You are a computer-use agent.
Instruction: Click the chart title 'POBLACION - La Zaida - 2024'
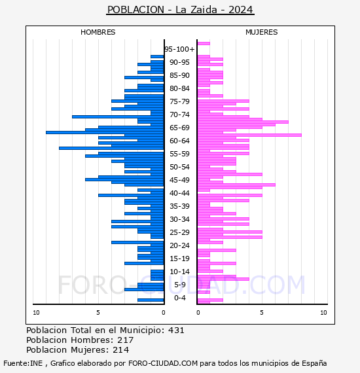[180, 10]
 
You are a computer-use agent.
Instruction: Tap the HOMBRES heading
[98, 32]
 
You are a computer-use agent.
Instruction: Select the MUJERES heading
[262, 32]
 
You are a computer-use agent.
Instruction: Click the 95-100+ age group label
[179, 49]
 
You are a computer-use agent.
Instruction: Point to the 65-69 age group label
[179, 128]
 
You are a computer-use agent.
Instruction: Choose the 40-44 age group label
[179, 193]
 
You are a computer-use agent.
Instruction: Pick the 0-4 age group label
[179, 298]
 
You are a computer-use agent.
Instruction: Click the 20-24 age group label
[179, 245]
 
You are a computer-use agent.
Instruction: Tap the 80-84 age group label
[179, 88]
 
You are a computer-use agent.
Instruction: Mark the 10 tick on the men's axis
[36, 313]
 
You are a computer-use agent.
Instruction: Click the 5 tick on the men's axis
[98, 313]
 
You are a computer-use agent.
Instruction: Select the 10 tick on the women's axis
[323, 313]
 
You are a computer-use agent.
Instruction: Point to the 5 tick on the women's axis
[262, 313]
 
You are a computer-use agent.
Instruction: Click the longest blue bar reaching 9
[105, 132]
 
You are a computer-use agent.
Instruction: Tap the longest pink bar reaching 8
[249, 135]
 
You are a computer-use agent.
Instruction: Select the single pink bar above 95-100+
[204, 44]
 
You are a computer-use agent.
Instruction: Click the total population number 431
[176, 330]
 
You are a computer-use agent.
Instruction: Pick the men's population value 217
[126, 340]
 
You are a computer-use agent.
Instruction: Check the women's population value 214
[121, 350]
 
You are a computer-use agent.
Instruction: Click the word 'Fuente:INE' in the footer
[23, 363]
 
